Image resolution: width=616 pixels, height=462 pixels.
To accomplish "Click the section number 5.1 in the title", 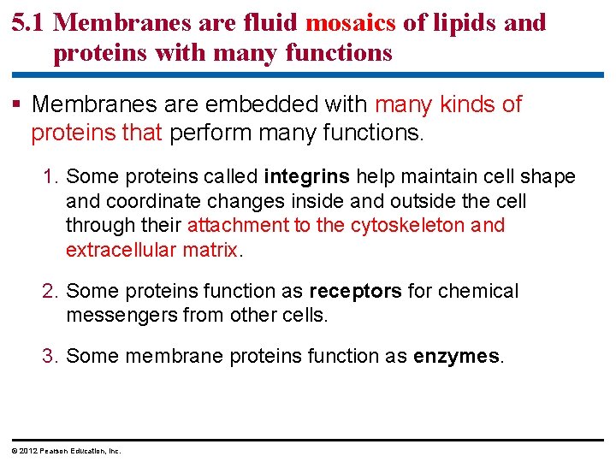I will click(x=30, y=22).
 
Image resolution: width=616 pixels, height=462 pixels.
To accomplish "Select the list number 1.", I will click(x=50, y=177).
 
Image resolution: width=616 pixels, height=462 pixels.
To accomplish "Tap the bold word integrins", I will click(x=306, y=177).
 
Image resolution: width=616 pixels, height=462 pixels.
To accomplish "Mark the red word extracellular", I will click(x=120, y=251).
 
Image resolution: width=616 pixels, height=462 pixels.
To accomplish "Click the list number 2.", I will click(x=50, y=292).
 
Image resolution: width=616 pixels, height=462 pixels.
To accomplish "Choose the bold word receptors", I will click(x=355, y=292).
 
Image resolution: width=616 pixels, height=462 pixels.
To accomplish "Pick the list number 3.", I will click(x=50, y=356).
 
